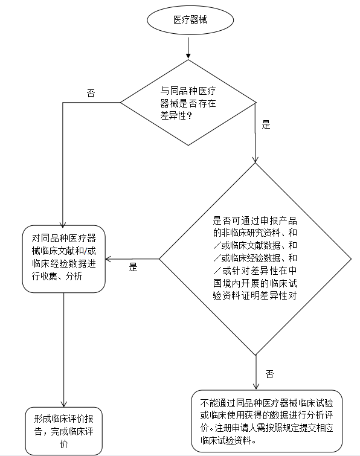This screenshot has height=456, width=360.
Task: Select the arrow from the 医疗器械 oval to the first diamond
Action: (x=188, y=47)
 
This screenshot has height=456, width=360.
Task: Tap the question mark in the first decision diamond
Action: (x=189, y=116)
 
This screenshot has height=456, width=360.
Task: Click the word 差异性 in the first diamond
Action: (x=173, y=116)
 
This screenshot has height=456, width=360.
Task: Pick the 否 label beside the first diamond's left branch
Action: (x=91, y=94)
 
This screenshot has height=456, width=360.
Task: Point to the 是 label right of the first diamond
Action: (x=266, y=125)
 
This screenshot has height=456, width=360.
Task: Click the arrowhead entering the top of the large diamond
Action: (x=256, y=159)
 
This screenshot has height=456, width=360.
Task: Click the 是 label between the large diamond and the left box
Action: (x=133, y=267)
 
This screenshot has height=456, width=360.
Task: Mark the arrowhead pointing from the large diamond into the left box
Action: (x=108, y=259)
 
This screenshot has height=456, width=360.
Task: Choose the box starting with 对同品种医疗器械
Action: (x=63, y=259)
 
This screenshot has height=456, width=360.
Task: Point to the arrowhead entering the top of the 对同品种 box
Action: (x=63, y=225)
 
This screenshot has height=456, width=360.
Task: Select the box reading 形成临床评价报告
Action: (x=63, y=431)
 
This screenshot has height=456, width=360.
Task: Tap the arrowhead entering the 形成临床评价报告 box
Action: (x=63, y=404)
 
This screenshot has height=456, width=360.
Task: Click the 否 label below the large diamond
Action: (x=269, y=374)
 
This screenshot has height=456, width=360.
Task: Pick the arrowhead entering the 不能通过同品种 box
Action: (x=256, y=387)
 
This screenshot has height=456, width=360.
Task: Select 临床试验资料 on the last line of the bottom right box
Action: (x=226, y=440)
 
